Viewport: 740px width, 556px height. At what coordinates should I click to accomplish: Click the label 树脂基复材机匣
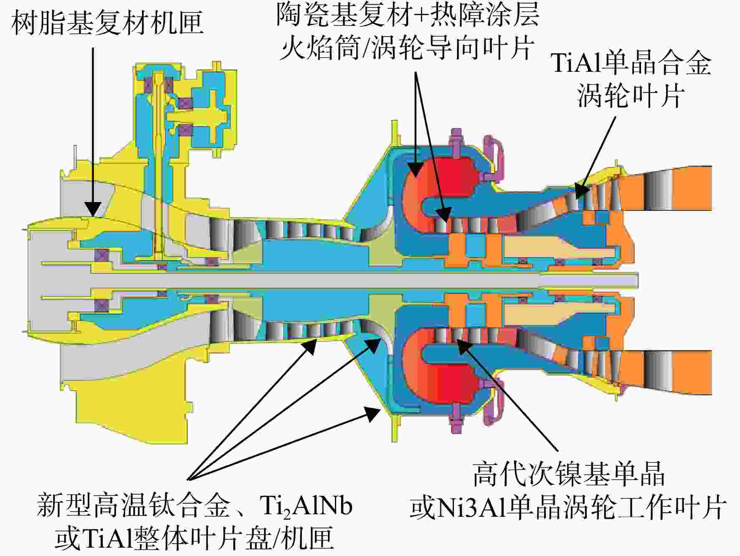(x=108, y=23)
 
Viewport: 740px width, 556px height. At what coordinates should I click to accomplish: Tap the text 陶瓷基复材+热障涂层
(x=408, y=15)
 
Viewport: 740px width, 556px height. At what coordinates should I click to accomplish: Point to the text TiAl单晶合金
(x=631, y=63)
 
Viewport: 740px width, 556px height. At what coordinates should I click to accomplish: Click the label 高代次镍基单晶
(x=569, y=474)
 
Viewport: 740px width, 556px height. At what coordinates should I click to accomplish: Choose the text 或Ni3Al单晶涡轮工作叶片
(x=568, y=507)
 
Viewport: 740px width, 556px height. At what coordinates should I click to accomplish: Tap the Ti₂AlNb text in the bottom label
(x=306, y=506)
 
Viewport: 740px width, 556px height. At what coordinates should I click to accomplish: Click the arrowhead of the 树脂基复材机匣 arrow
(x=93, y=209)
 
